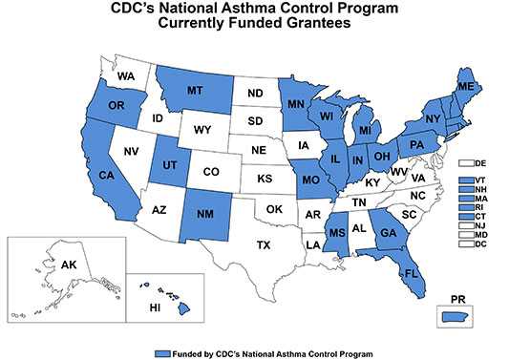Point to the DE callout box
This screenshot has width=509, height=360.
pyautogui.click(x=468, y=163)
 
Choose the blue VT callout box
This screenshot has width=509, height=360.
pyautogui.click(x=468, y=180)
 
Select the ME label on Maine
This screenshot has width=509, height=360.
pyautogui.click(x=467, y=86)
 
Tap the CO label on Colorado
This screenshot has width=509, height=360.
pyautogui.click(x=210, y=172)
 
